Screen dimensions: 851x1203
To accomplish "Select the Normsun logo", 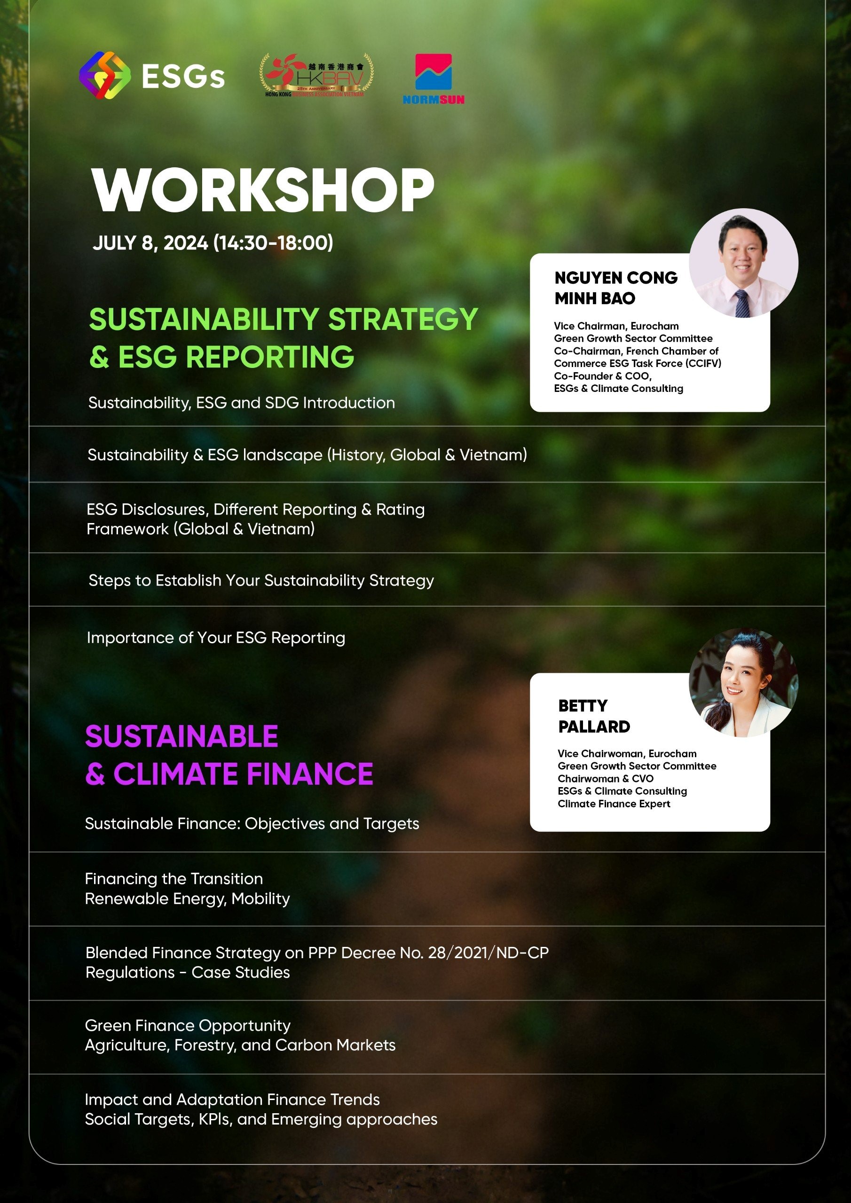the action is (433, 78).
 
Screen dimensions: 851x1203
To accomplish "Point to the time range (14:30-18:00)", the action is (273, 242).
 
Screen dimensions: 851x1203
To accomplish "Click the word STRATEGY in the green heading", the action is (402, 319).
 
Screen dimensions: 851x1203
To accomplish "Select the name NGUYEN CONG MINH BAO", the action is (616, 288).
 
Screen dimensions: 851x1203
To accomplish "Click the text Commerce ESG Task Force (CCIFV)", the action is (638, 363).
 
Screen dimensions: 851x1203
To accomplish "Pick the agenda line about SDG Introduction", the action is (241, 402).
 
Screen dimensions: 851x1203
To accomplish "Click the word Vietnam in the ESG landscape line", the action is (491, 454).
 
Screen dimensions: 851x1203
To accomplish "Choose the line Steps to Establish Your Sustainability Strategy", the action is (261, 580).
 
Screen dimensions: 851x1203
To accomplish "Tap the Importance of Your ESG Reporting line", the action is (216, 638).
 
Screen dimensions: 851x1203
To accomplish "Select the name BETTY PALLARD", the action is (594, 716).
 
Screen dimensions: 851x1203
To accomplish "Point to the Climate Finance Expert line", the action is (614, 804).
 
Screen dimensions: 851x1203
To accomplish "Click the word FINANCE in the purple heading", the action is (310, 774).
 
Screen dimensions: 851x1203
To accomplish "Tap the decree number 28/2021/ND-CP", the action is (488, 953).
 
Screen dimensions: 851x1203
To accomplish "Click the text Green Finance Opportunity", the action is (188, 1025).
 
